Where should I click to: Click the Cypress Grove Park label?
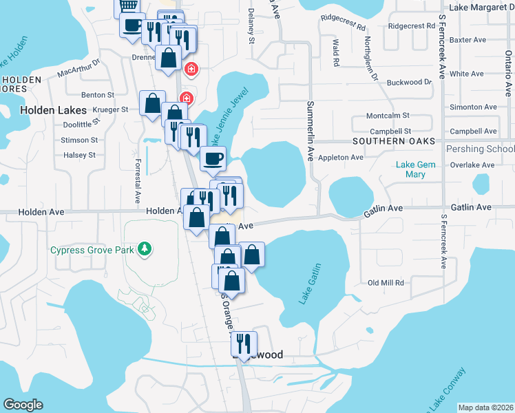[92, 250]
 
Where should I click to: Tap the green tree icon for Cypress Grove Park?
[144, 248]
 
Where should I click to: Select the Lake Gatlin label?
[310, 284]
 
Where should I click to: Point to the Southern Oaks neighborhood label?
[394, 141]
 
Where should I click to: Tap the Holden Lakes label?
[53, 109]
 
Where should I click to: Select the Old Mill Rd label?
[386, 283]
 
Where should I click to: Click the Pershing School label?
[480, 149]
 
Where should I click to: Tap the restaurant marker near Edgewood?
[244, 343]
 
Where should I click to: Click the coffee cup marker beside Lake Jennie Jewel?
[213, 158]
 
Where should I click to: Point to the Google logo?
[23, 405]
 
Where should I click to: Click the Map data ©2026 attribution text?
[485, 407]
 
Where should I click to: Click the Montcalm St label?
[388, 116]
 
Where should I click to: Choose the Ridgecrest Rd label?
[412, 26]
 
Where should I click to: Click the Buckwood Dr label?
[409, 83]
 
